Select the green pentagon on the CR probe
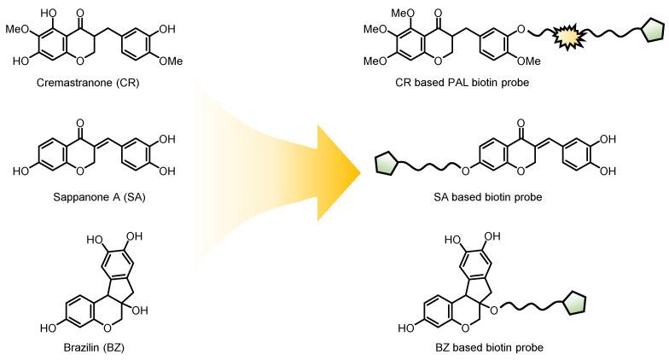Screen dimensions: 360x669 [653, 32]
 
